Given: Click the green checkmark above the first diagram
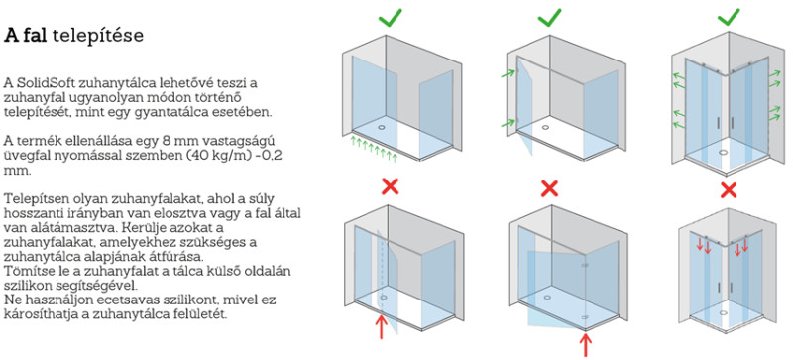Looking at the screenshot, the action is pyautogui.click(x=390, y=17).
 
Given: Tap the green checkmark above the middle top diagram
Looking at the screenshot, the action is pyautogui.click(x=549, y=17).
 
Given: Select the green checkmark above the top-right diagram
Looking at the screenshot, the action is pyautogui.click(x=729, y=17).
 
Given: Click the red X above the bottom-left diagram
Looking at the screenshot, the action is pyautogui.click(x=390, y=186).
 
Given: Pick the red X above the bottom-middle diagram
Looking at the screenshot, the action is pyautogui.click(x=549, y=188).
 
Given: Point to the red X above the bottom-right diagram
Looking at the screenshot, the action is pyautogui.click(x=729, y=190).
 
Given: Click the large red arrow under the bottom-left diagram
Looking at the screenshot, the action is pyautogui.click(x=381, y=326).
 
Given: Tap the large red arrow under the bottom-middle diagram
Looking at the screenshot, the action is pyautogui.click(x=586, y=343).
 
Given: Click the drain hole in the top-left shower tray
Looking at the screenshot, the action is pyautogui.click(x=381, y=120).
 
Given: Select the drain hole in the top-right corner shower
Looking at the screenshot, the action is pyautogui.click(x=724, y=151).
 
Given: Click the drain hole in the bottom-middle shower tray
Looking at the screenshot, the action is pyautogui.click(x=546, y=299).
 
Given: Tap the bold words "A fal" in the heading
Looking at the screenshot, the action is pyautogui.click(x=26, y=36).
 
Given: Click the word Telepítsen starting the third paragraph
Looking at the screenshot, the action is pyautogui.click(x=32, y=197).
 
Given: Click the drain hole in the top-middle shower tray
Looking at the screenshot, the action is pyautogui.click(x=545, y=127).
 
